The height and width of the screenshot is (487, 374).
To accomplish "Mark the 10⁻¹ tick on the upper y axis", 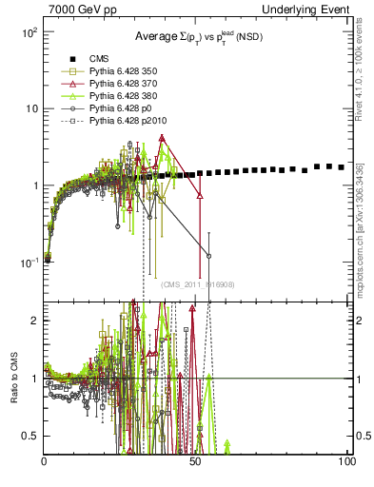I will point(29,262).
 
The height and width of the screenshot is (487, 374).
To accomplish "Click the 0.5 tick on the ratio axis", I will point(31,436).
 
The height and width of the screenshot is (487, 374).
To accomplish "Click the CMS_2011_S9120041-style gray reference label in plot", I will point(198,284).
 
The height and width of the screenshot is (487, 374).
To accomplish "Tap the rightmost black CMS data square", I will point(342,167).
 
